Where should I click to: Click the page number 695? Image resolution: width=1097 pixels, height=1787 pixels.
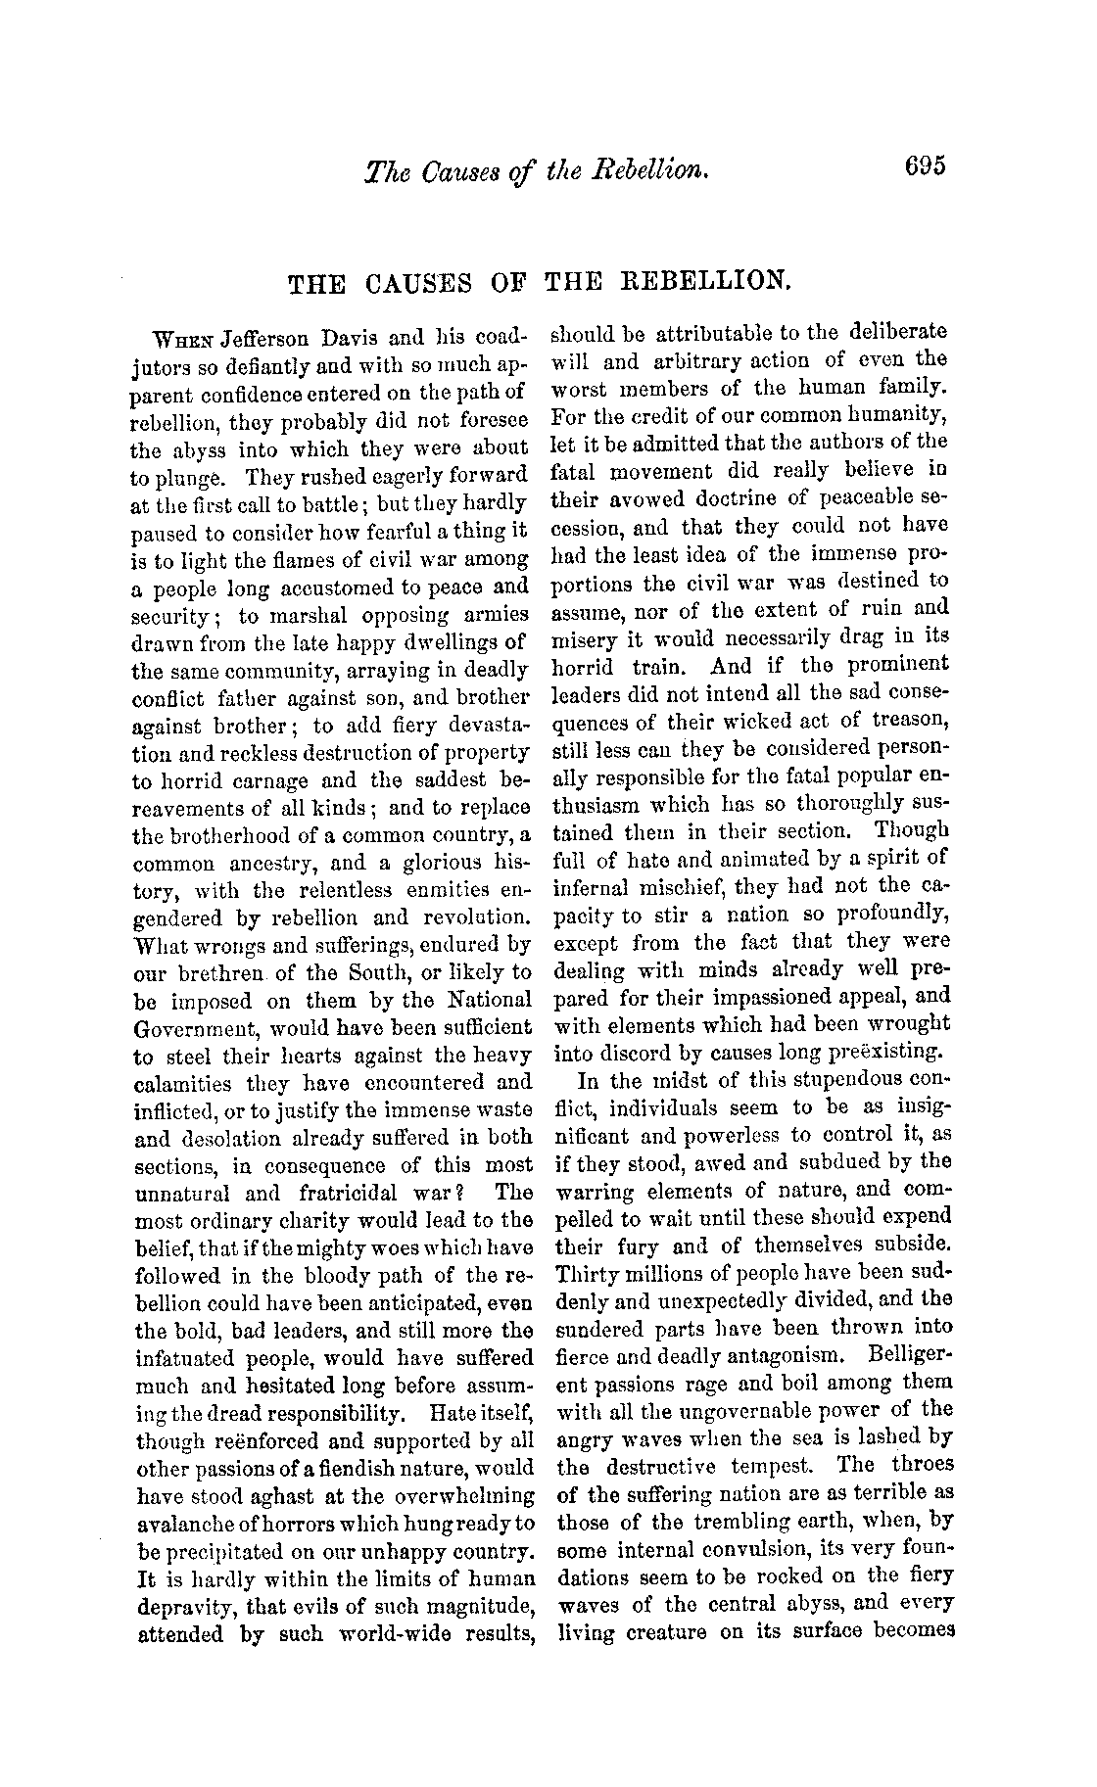[x=925, y=167]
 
